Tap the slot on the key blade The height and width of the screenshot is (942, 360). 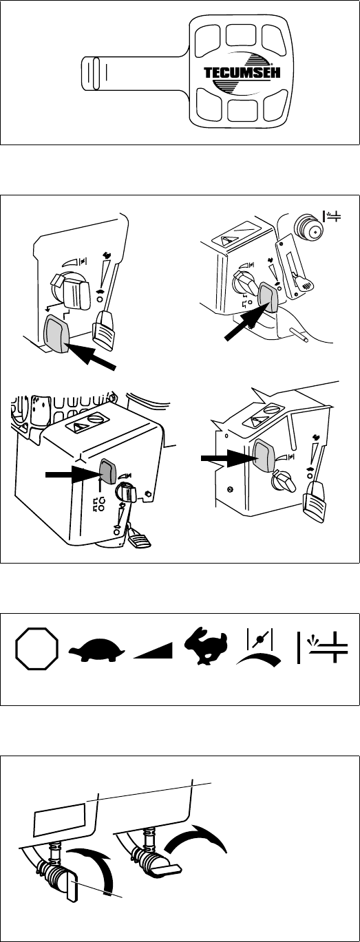[x=96, y=74]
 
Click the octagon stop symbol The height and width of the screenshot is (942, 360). [x=36, y=648]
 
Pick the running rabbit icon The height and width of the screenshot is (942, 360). [x=206, y=646]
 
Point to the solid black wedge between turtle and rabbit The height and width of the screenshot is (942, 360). [x=153, y=650]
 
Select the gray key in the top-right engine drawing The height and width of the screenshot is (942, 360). [x=268, y=297]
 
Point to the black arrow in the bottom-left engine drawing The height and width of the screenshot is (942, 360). [x=72, y=474]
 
